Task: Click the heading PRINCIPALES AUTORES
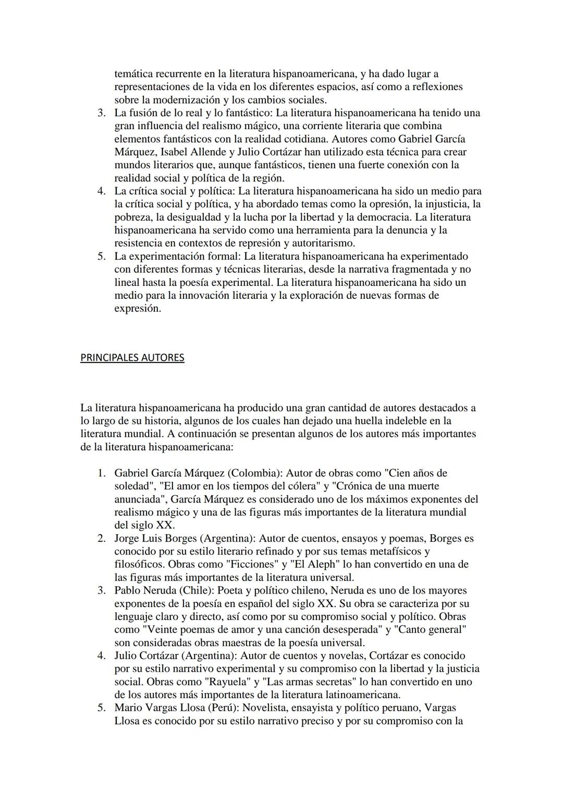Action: click(x=132, y=358)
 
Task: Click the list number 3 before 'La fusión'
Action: click(x=102, y=113)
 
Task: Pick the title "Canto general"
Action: click(x=431, y=629)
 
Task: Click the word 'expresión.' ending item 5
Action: click(x=138, y=308)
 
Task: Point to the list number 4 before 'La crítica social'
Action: click(x=102, y=191)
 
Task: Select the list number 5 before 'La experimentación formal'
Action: click(x=102, y=256)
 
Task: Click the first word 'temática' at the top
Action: click(x=133, y=74)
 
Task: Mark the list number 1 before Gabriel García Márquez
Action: click(x=102, y=473)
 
